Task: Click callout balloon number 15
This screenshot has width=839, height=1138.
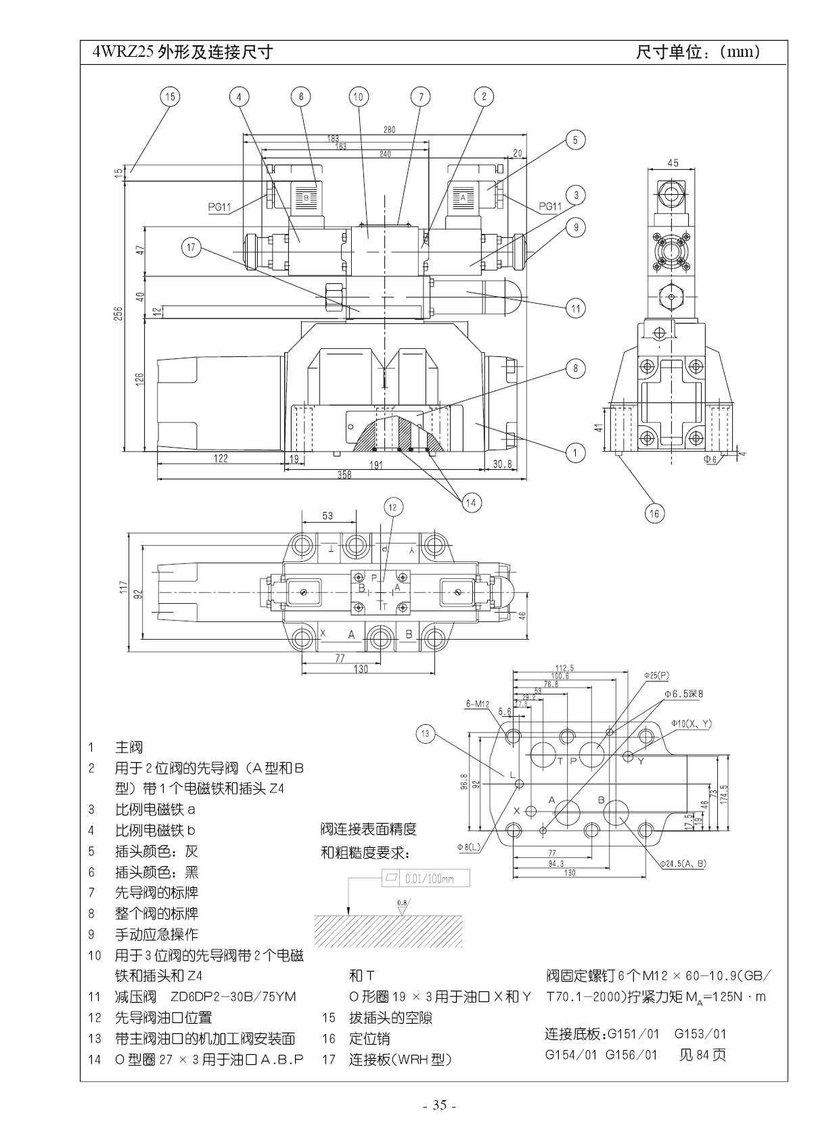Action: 170,97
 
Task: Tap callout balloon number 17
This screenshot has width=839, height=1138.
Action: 191,248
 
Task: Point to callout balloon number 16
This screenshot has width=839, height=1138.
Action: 654,514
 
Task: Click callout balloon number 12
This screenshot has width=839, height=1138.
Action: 392,507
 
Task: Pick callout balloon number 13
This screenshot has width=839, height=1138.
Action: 425,734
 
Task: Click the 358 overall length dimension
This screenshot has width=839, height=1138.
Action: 344,475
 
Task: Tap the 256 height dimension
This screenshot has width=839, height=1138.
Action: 118,314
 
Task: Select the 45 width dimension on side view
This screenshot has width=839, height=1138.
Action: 673,163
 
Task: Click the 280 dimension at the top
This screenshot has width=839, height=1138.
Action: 389,130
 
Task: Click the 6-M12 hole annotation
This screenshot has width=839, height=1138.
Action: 478,704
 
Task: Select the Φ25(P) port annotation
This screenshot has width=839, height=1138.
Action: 656,675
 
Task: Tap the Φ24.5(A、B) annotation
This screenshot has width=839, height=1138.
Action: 685,863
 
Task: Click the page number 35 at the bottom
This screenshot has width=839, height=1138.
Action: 440,1106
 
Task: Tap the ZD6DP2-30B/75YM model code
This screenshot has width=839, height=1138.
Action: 233,997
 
